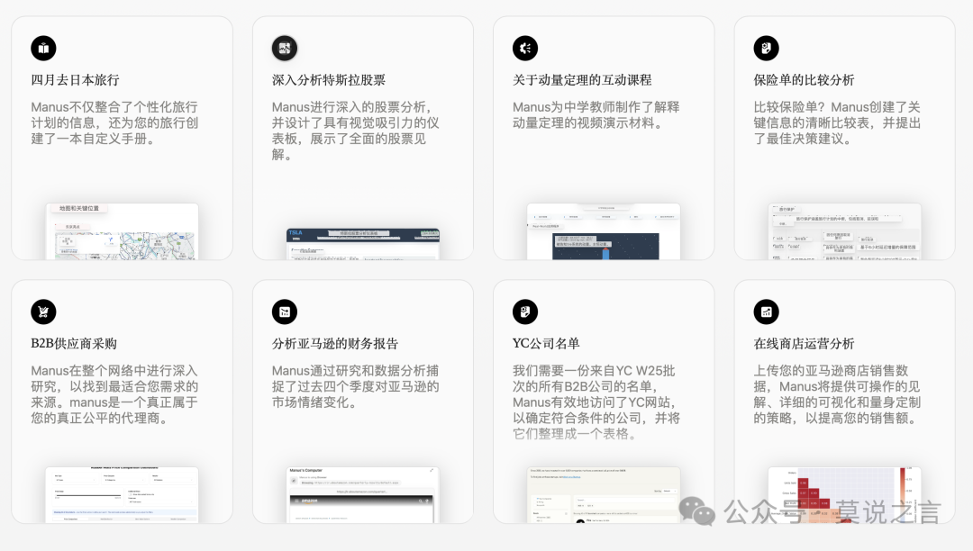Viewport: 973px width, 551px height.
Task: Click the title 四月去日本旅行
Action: tap(75, 80)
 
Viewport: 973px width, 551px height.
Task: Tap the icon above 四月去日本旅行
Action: tap(43, 48)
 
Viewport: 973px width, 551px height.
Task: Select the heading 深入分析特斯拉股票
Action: tap(329, 80)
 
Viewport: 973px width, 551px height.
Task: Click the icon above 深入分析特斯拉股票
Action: tap(285, 48)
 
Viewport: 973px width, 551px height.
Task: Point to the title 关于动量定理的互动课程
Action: tap(582, 80)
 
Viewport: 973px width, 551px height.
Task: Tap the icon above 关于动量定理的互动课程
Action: tap(525, 48)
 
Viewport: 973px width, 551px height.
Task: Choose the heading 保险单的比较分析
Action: tap(804, 80)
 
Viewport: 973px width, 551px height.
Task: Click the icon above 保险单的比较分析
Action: tap(766, 48)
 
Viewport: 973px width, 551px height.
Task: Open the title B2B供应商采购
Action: tap(74, 344)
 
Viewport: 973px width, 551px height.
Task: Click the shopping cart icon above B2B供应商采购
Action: tap(43, 312)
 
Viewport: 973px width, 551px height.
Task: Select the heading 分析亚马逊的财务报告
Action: tap(335, 344)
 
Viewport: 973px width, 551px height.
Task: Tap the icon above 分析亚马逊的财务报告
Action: tap(285, 312)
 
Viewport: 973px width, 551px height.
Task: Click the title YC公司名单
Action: tap(546, 344)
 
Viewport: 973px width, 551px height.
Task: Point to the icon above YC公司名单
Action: tap(525, 312)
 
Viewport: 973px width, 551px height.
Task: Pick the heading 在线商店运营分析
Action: tap(804, 344)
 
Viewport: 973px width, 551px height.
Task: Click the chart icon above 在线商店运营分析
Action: tap(766, 312)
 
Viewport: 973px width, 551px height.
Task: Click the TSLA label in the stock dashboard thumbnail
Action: tap(296, 233)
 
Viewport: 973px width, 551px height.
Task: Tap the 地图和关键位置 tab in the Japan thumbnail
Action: tap(79, 208)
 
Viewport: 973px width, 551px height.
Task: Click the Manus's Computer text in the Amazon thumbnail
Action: tap(312, 472)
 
